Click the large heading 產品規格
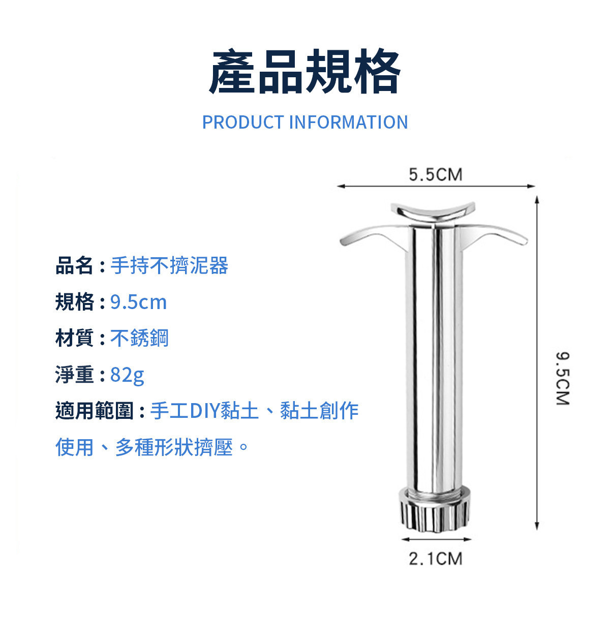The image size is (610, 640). (x=304, y=71)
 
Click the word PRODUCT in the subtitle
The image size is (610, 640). (x=243, y=122)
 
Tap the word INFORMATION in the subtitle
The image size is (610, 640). (x=348, y=122)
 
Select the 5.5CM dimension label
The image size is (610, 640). (x=435, y=174)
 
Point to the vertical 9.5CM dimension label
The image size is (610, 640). (x=562, y=378)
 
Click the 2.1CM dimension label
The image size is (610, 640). (x=435, y=559)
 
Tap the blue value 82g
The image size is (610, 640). (x=127, y=375)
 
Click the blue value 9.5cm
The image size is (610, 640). (x=138, y=302)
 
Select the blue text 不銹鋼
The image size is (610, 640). (x=139, y=338)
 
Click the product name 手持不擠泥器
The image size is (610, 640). (x=169, y=265)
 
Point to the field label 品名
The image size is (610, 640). (x=75, y=265)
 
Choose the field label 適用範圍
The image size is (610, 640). (x=95, y=411)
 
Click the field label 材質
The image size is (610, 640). (x=75, y=338)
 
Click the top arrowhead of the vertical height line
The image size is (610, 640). (x=537, y=199)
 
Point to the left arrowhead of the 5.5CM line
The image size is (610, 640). (x=341, y=186)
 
